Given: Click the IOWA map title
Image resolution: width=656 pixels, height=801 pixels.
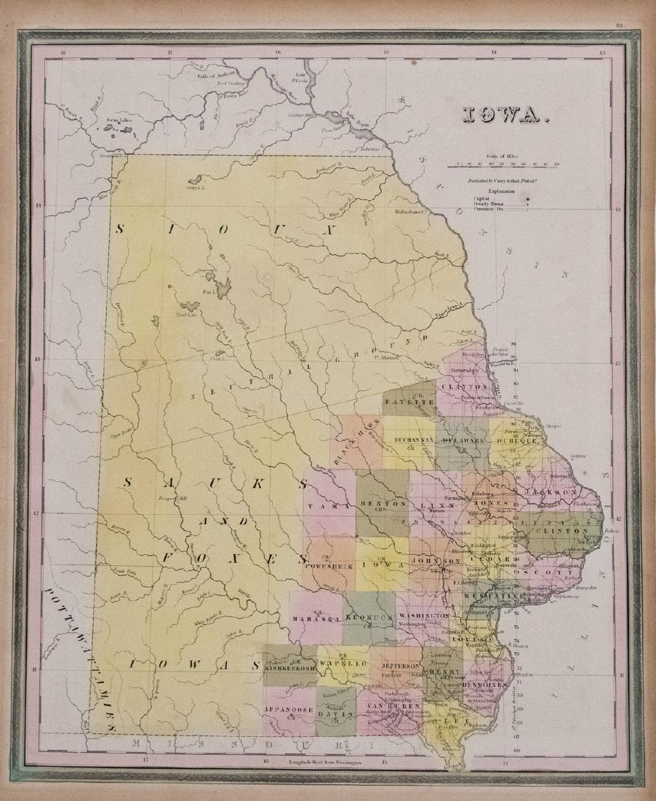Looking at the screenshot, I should [503, 114].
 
